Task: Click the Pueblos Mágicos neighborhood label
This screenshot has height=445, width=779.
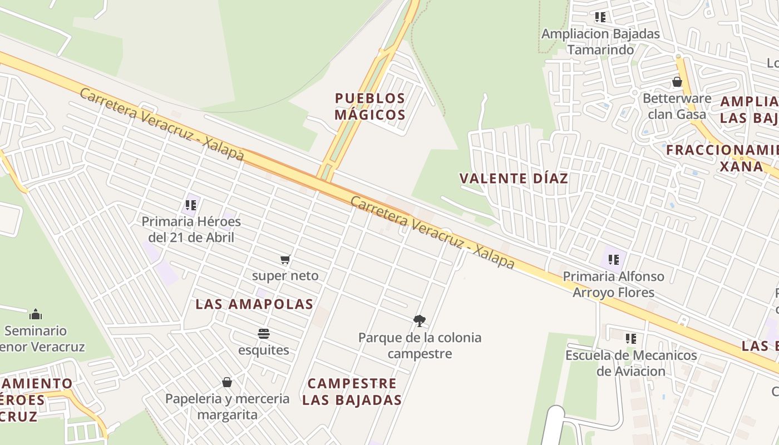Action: (370, 106)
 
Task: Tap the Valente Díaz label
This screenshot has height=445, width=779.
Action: (514, 179)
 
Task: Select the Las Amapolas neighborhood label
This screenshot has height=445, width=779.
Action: (254, 304)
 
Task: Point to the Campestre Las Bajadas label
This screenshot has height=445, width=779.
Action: (352, 392)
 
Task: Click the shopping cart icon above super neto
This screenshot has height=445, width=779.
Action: (285, 259)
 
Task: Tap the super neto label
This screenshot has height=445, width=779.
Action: (285, 275)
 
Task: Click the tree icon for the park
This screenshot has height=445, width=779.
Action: (420, 320)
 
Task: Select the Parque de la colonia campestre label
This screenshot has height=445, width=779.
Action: (420, 345)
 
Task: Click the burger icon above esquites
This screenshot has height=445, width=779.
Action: (264, 334)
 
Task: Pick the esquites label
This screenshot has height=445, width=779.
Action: (264, 350)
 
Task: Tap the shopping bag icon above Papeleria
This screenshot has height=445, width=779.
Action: (227, 382)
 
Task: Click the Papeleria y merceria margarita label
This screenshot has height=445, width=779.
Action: (228, 407)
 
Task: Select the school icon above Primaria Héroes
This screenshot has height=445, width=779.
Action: (191, 205)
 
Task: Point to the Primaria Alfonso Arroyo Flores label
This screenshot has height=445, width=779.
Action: (614, 284)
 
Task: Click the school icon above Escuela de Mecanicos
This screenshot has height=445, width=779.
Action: (630, 338)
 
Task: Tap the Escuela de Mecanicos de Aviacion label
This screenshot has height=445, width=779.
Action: (631, 363)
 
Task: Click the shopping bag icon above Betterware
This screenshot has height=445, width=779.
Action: (677, 82)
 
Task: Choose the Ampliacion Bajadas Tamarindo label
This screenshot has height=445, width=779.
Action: (600, 42)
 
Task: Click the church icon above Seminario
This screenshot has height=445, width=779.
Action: (36, 314)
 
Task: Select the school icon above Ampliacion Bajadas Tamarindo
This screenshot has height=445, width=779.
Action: (600, 17)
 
